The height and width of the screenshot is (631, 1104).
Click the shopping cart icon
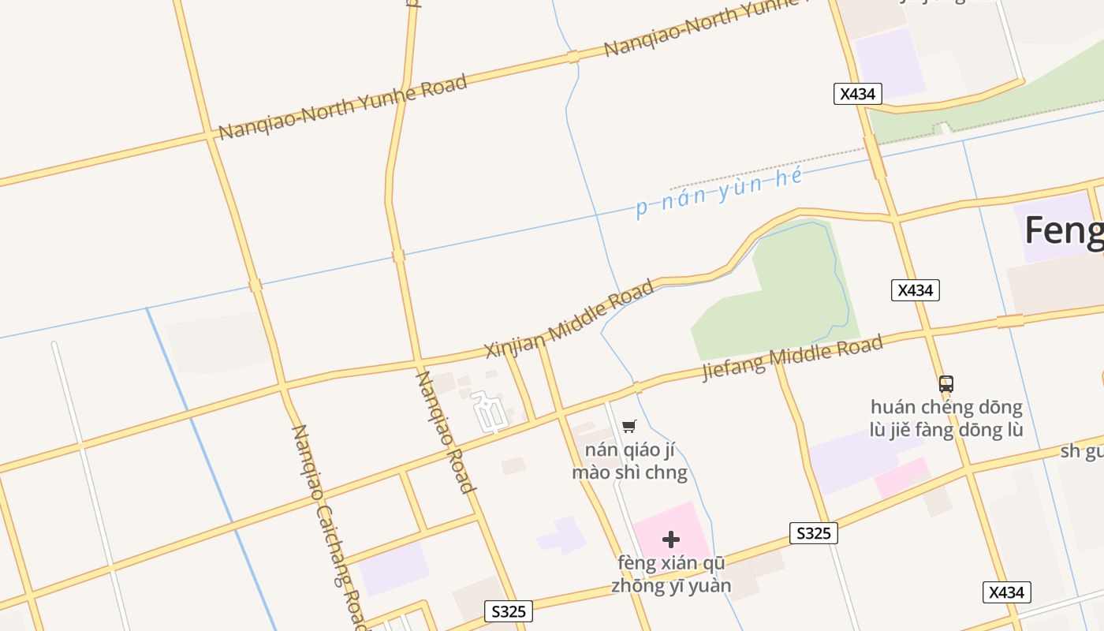[x=628, y=427]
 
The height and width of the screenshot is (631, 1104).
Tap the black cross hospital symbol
[x=671, y=540]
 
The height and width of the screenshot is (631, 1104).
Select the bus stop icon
[x=946, y=384]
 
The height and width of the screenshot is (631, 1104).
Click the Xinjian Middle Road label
[x=569, y=319]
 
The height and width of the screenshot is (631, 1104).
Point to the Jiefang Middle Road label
[x=793, y=358]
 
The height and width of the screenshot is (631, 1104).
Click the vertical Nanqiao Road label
[x=446, y=431]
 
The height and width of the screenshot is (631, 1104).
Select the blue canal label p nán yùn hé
[x=719, y=192]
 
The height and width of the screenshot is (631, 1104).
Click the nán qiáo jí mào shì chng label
[x=630, y=461]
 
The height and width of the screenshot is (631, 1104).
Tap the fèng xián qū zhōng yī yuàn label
[x=671, y=575]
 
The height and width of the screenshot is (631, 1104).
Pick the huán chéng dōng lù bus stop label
[x=946, y=419]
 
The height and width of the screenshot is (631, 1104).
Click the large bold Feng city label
[x=1063, y=231]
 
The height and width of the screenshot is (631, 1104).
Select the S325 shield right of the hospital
[x=813, y=533]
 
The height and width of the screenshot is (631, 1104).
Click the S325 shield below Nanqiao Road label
[x=509, y=611]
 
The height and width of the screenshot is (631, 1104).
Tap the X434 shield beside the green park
[x=915, y=290]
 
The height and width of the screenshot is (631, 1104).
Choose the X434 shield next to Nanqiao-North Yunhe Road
[x=857, y=94]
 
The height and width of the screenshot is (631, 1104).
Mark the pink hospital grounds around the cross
[x=686, y=525]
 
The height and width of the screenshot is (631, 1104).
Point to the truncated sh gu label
[x=1082, y=451]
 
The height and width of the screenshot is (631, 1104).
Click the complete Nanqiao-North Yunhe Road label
[x=342, y=107]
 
